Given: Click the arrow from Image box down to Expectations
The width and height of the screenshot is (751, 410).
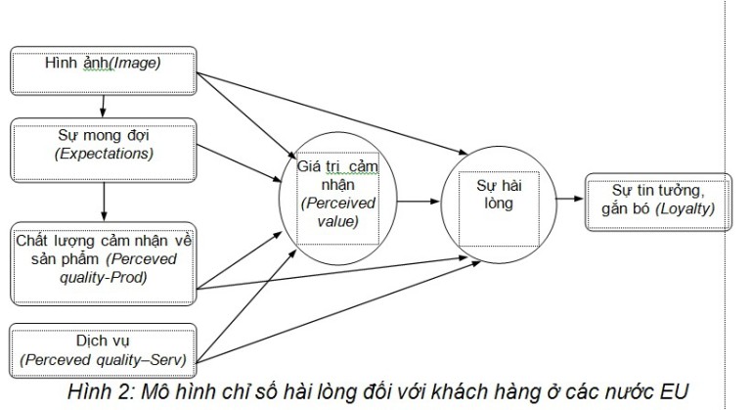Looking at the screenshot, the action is pyautogui.click(x=103, y=107).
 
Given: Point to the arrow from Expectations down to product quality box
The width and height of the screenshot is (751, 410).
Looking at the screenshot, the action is pyautogui.click(x=104, y=202).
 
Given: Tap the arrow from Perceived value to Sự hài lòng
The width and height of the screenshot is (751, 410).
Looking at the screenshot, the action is pyautogui.click(x=419, y=202).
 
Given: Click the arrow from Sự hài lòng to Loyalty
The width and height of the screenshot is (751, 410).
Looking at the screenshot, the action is pyautogui.click(x=570, y=199).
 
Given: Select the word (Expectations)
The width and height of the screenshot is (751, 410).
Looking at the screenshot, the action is pyautogui.click(x=104, y=154).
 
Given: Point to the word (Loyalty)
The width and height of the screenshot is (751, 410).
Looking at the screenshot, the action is pyautogui.click(x=685, y=208).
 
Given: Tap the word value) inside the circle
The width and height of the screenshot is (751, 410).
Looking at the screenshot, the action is pyautogui.click(x=337, y=221).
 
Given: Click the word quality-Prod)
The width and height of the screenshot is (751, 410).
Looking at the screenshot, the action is pyautogui.click(x=103, y=277).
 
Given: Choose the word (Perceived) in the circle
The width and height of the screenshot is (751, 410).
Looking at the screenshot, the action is pyautogui.click(x=338, y=203).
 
